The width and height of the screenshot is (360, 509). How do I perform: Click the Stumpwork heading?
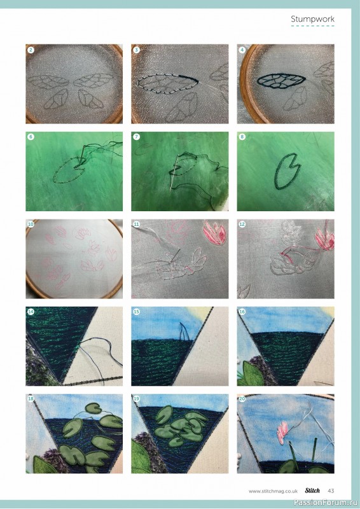point(312,19)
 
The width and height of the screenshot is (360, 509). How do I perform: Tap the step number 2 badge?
point(31,50)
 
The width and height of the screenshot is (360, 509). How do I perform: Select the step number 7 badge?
point(136,137)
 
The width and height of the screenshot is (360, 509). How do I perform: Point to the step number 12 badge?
point(242,225)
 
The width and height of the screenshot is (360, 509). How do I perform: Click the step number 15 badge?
point(136,312)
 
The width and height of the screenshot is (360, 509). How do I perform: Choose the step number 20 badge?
point(242,399)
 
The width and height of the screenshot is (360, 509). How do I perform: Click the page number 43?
point(331,491)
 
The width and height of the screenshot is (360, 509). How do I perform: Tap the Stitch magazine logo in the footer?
point(312,491)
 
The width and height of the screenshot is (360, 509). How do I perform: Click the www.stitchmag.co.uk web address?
point(273,491)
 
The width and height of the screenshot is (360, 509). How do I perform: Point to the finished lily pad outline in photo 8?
point(287,171)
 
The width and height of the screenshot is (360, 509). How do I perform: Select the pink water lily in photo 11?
point(214,232)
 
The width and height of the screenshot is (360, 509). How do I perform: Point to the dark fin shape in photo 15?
point(184,332)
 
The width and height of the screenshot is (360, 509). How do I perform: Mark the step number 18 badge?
point(31,399)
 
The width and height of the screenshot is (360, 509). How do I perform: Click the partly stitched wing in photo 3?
point(167,84)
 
